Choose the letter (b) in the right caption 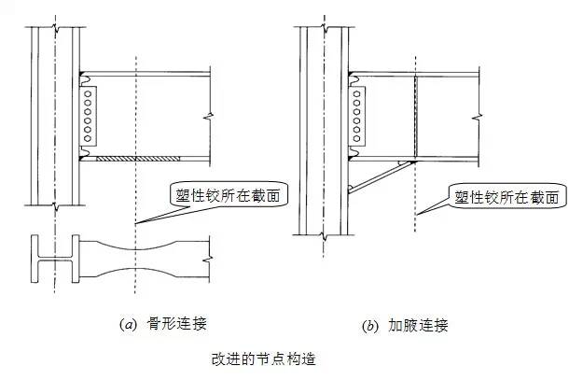369,326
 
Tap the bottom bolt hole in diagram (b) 356,137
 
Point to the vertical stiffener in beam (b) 415,116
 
